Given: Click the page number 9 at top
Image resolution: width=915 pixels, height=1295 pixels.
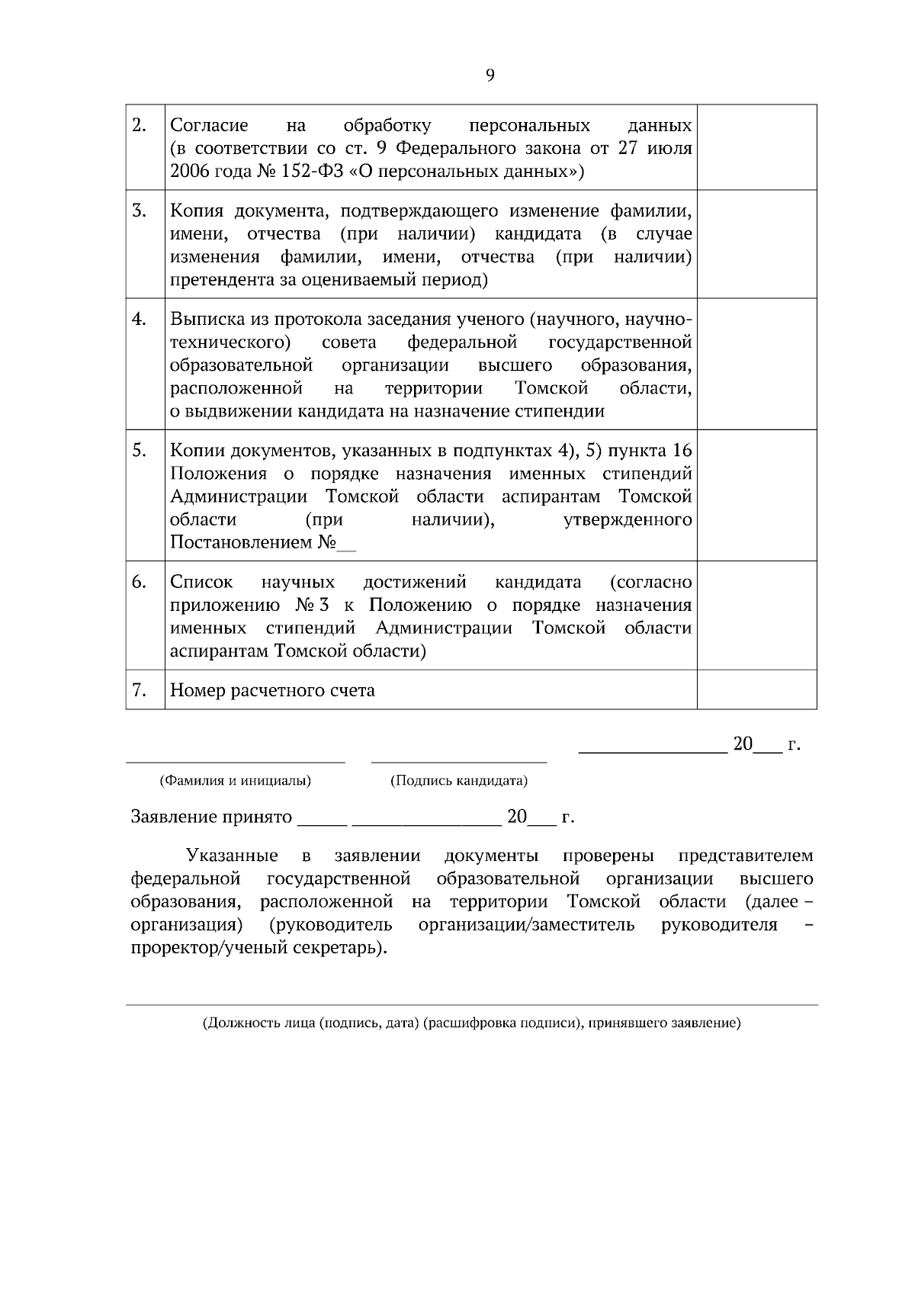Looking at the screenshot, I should coord(490,75).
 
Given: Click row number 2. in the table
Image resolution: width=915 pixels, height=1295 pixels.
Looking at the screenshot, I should coord(139,125).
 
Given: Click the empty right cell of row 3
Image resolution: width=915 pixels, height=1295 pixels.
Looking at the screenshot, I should coord(756,244).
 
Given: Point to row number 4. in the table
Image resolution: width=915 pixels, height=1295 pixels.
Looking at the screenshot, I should coord(139,319).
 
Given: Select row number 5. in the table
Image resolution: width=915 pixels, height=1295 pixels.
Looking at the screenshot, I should coord(139,451).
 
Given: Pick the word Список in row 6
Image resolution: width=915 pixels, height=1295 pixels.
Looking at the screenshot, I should coord(201,583).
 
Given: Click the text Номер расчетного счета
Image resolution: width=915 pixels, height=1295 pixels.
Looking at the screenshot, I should coord(272,691).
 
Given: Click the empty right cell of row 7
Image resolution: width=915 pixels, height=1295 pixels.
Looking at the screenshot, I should coord(756,690).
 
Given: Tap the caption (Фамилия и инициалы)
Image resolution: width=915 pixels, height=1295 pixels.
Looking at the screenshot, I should coord(235,781).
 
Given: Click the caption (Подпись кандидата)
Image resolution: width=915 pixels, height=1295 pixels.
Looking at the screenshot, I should coord(458,781).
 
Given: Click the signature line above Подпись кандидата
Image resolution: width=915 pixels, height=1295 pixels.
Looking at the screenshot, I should coord(458,761).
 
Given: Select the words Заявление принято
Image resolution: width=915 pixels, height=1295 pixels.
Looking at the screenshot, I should coord(212,818).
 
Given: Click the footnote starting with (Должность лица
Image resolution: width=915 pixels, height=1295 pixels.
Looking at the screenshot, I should coord(471,1023).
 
